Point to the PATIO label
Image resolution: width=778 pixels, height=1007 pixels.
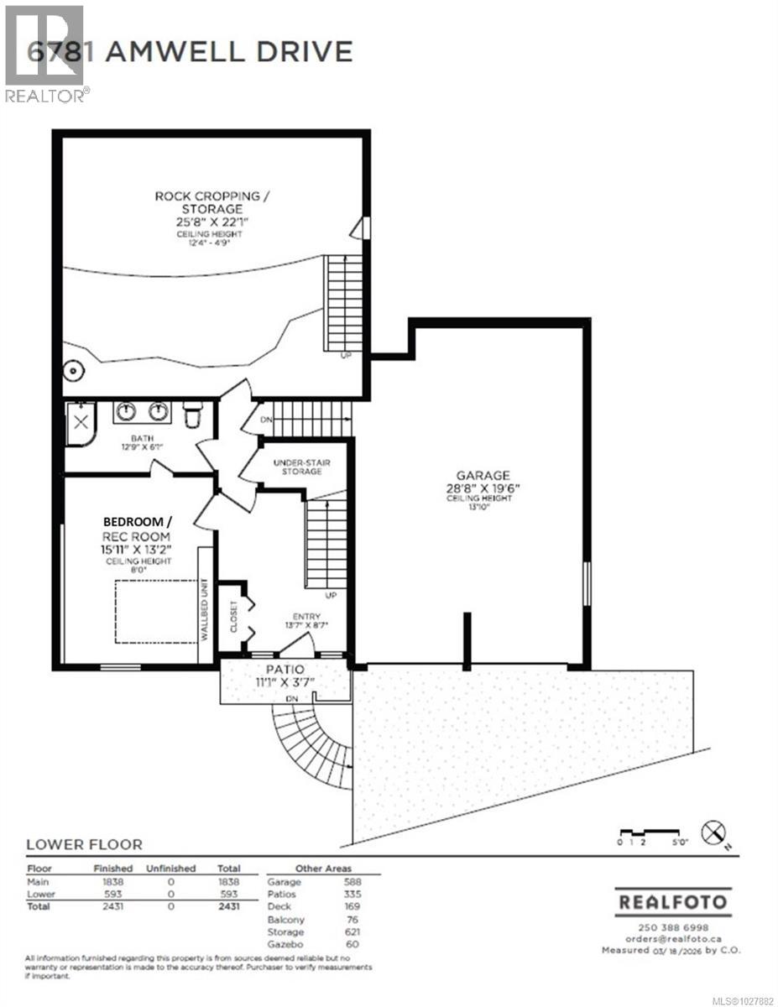point(285,669)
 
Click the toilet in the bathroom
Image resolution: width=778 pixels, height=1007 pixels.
point(192,415)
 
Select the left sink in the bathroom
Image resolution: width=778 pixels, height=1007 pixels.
point(126,411)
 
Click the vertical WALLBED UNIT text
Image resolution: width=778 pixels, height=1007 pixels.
point(204,609)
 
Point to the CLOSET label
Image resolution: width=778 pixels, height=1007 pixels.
point(234,617)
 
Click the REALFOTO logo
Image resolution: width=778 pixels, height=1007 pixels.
point(671,903)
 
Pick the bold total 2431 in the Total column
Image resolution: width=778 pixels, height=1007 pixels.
point(228,906)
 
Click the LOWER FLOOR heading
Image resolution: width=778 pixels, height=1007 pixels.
point(84,844)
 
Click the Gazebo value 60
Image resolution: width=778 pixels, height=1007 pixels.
point(351,944)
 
